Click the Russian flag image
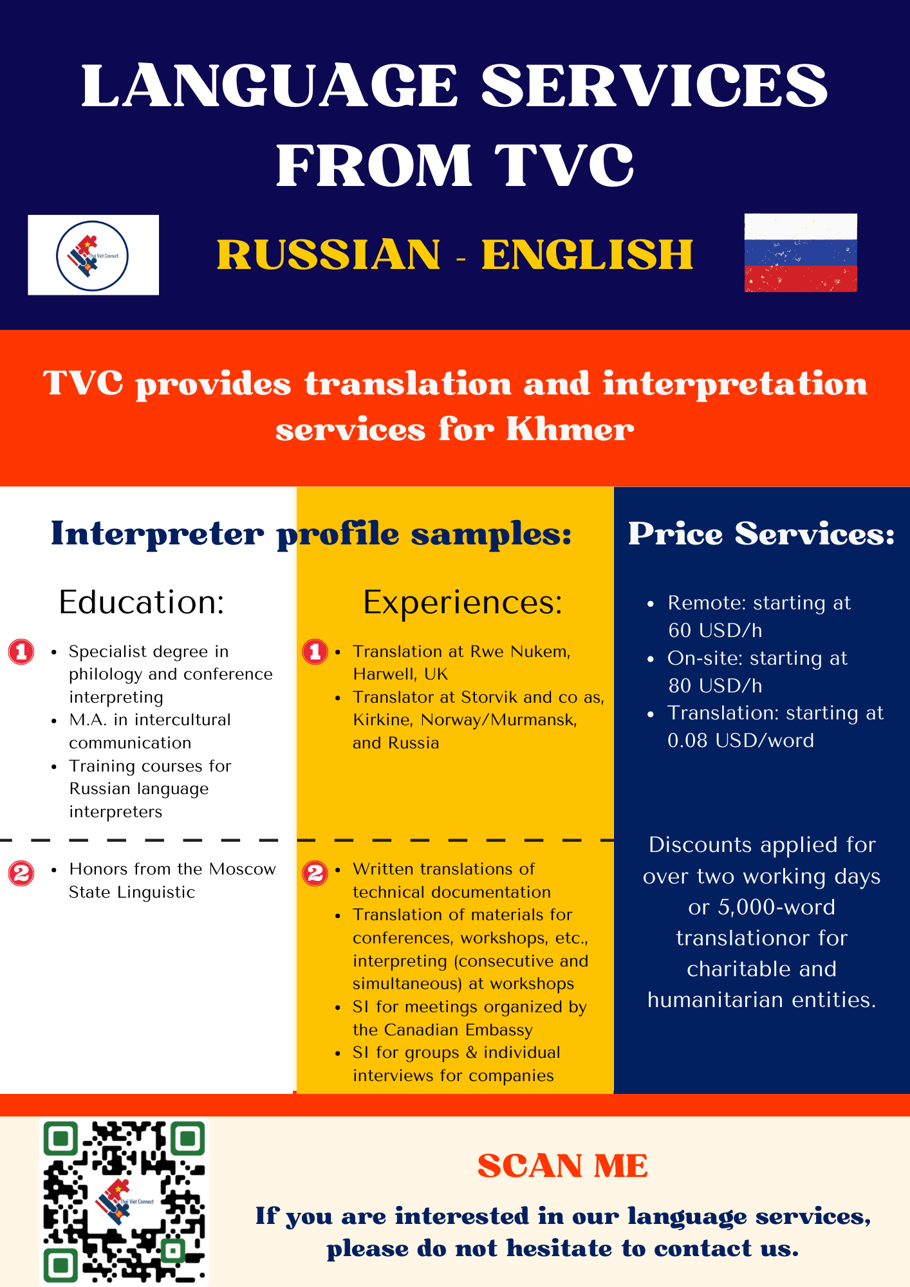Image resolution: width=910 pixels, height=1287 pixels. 801,253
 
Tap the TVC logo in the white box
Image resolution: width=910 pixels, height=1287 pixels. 93,255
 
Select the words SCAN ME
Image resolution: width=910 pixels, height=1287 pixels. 562,1166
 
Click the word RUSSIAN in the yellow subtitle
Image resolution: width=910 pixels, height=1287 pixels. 329,254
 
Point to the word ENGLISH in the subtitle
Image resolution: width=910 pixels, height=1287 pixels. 588,254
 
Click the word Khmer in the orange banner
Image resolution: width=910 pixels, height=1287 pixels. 570,429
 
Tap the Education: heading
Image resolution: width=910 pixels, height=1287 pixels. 142,602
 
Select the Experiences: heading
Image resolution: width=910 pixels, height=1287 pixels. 463,603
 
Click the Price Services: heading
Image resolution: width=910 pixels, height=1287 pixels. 761,533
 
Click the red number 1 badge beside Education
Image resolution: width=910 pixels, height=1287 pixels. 21,652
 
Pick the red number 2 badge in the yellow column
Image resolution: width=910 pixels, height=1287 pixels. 315,873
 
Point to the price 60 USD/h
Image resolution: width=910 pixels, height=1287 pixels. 715,630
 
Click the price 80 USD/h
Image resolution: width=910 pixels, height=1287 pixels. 715,685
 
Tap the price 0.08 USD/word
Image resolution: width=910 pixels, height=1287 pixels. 741,741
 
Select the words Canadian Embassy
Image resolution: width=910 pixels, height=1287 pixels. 443,1030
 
